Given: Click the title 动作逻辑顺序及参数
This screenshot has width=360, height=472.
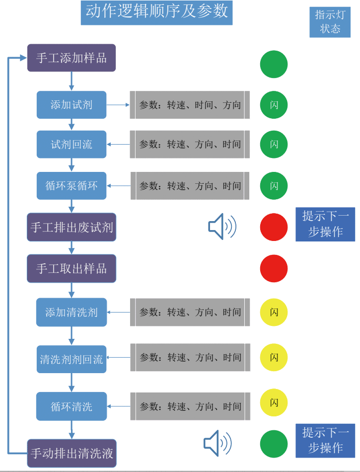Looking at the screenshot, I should tap(156, 12).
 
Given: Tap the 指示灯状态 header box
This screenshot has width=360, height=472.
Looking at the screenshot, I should tap(330, 22).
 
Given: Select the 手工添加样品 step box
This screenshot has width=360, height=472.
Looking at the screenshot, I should tap(72, 58).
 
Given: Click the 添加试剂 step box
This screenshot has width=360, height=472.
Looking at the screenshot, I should tap(72, 105).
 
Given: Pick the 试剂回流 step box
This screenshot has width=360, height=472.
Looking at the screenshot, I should tap(72, 145).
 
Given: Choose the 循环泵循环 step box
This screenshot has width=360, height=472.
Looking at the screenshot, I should tap(72, 186).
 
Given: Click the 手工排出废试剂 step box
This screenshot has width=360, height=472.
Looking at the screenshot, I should tap(72, 228).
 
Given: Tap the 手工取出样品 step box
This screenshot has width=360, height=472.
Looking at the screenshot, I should tap(72, 269).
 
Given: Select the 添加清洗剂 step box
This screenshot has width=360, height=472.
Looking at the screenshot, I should tap(72, 313).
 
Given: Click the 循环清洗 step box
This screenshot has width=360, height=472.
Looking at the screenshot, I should tap(72, 406).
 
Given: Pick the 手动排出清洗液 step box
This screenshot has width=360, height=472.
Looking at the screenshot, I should tap(72, 453).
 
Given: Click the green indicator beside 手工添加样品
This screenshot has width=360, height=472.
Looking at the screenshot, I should tap(274, 64).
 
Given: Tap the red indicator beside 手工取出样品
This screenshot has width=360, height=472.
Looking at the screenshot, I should tap(274, 269).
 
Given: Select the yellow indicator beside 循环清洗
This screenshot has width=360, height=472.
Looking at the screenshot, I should tap(274, 402).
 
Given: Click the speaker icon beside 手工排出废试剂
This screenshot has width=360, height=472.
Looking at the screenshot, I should tap(222, 227).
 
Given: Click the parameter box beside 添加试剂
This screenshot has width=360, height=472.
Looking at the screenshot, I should tap(190, 105).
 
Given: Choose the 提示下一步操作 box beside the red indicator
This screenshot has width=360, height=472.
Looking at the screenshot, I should tap(325, 225).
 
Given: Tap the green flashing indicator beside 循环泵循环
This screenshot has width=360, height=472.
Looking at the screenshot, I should tap(274, 186).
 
